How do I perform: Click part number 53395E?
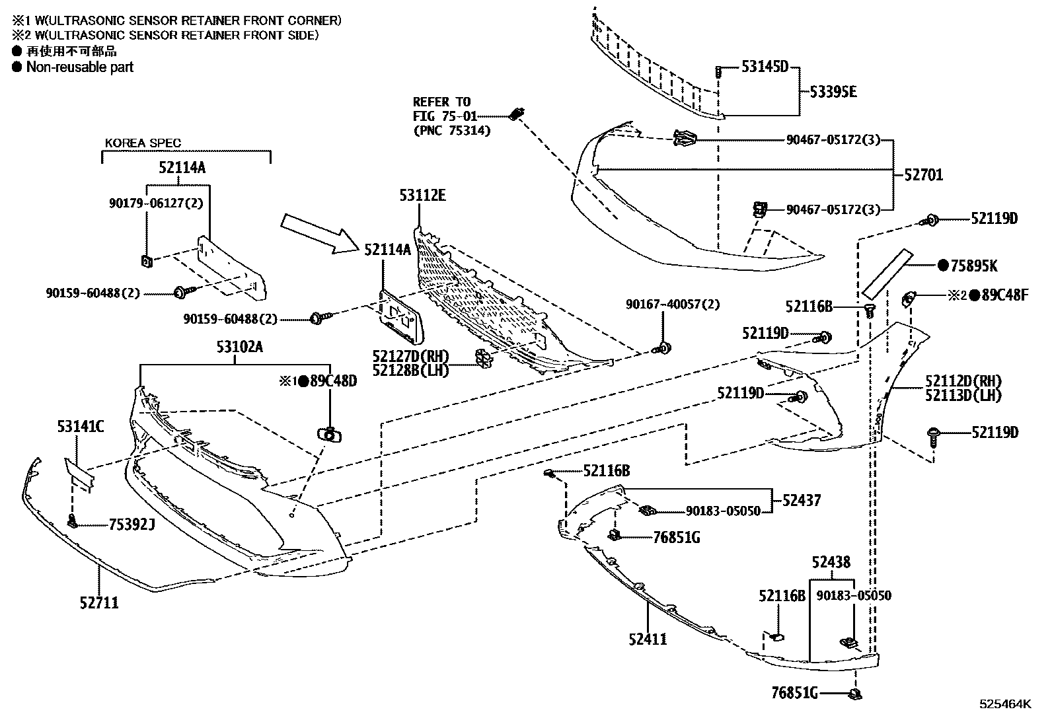[x=833, y=92]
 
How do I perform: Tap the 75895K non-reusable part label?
[x=973, y=266]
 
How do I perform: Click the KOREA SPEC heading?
[x=143, y=143]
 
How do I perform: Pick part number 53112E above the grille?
[x=422, y=196]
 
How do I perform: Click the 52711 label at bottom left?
[x=99, y=602]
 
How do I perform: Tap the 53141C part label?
[x=80, y=427]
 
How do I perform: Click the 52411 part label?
[x=648, y=639]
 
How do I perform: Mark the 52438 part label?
[x=831, y=562]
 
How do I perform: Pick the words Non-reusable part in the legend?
[x=80, y=67]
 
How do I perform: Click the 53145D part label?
[x=765, y=66]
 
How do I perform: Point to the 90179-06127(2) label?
[x=156, y=203]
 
